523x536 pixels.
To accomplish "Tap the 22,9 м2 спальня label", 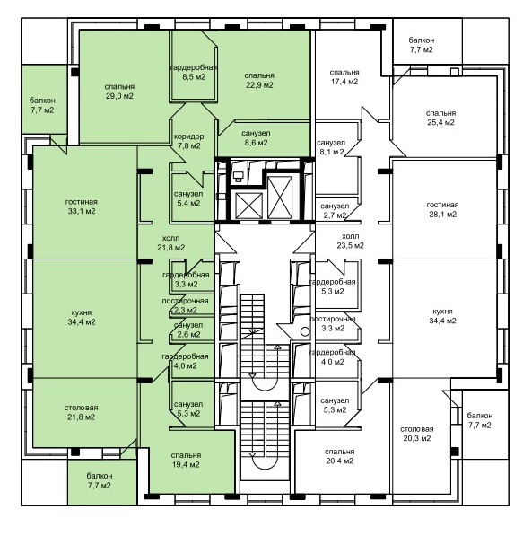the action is pos(259,80).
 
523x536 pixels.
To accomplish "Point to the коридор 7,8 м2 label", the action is pos(189,141).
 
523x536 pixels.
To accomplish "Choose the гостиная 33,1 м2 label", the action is pos(82,206).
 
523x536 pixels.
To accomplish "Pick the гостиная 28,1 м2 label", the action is pos(443,209).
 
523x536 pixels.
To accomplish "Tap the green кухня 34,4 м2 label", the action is pos(82,317).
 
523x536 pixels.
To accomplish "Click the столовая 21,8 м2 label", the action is pos(81,412).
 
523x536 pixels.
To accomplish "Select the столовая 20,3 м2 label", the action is pos(417,434).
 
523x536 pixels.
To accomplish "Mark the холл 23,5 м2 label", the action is pos(351,241).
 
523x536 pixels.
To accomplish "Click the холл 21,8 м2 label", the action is pos(170,242).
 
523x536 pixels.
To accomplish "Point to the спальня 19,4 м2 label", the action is pos(186,460).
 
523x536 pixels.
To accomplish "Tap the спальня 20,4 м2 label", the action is pos(340,456).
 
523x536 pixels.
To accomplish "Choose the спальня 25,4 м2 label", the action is pos(440,118).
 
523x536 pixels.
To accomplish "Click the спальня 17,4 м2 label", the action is pos(344,77).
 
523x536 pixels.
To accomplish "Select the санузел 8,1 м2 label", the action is pos(331,147).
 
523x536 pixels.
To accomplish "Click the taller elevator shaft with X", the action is pos(280,197).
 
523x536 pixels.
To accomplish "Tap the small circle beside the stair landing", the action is pos(305,331).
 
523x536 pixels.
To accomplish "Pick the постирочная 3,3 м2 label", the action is pos(333,323).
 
